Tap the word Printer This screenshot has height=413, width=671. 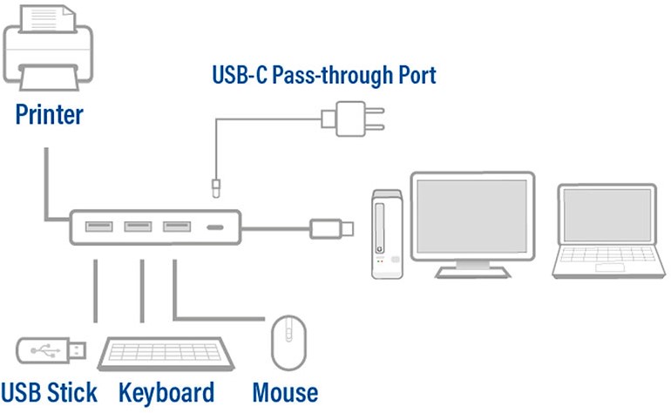(50, 113)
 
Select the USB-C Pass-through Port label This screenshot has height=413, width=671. (323, 75)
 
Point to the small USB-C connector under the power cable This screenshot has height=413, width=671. (213, 186)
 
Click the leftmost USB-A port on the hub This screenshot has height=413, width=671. (98, 227)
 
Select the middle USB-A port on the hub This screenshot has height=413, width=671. (138, 227)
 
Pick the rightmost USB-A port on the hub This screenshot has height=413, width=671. (177, 227)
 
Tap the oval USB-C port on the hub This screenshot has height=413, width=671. (214, 227)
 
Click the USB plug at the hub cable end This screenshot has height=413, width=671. (330, 228)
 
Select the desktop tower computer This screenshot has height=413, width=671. (386, 234)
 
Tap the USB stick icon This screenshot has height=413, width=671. (51, 350)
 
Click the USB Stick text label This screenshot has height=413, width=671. (50, 391)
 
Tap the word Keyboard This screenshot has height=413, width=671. (166, 391)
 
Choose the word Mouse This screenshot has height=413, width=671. (285, 391)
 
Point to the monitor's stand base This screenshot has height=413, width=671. (471, 271)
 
